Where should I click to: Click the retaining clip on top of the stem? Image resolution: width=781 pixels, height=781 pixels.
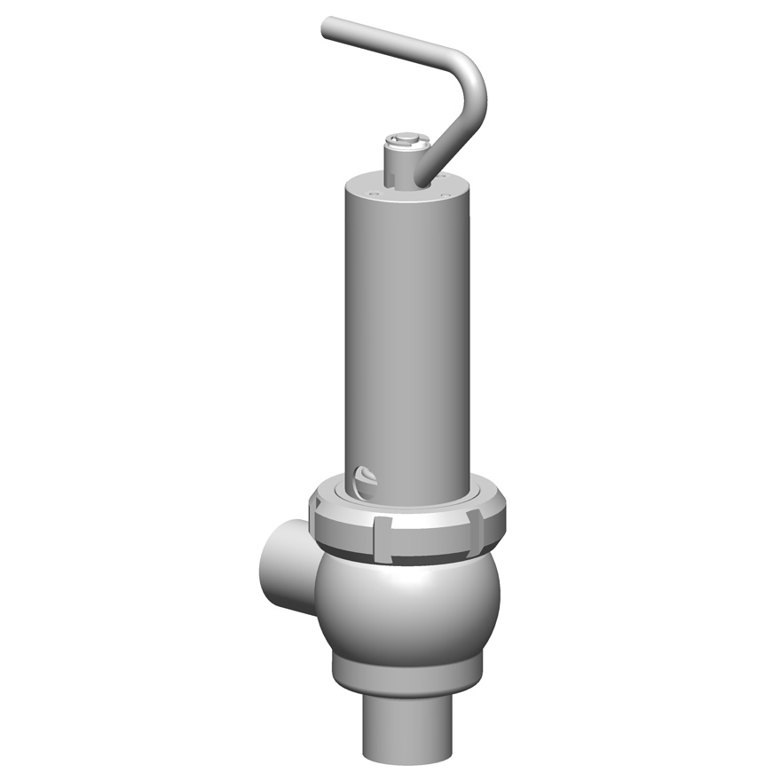[x=407, y=139]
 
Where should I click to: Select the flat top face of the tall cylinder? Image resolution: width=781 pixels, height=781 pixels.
[x=373, y=184]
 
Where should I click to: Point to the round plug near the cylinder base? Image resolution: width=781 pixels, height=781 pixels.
[x=365, y=480]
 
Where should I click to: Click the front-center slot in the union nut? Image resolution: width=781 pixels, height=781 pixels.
[x=383, y=540]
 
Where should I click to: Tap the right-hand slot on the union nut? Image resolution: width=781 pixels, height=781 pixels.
[x=475, y=530]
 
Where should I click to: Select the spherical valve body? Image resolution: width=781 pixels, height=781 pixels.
[x=408, y=603]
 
